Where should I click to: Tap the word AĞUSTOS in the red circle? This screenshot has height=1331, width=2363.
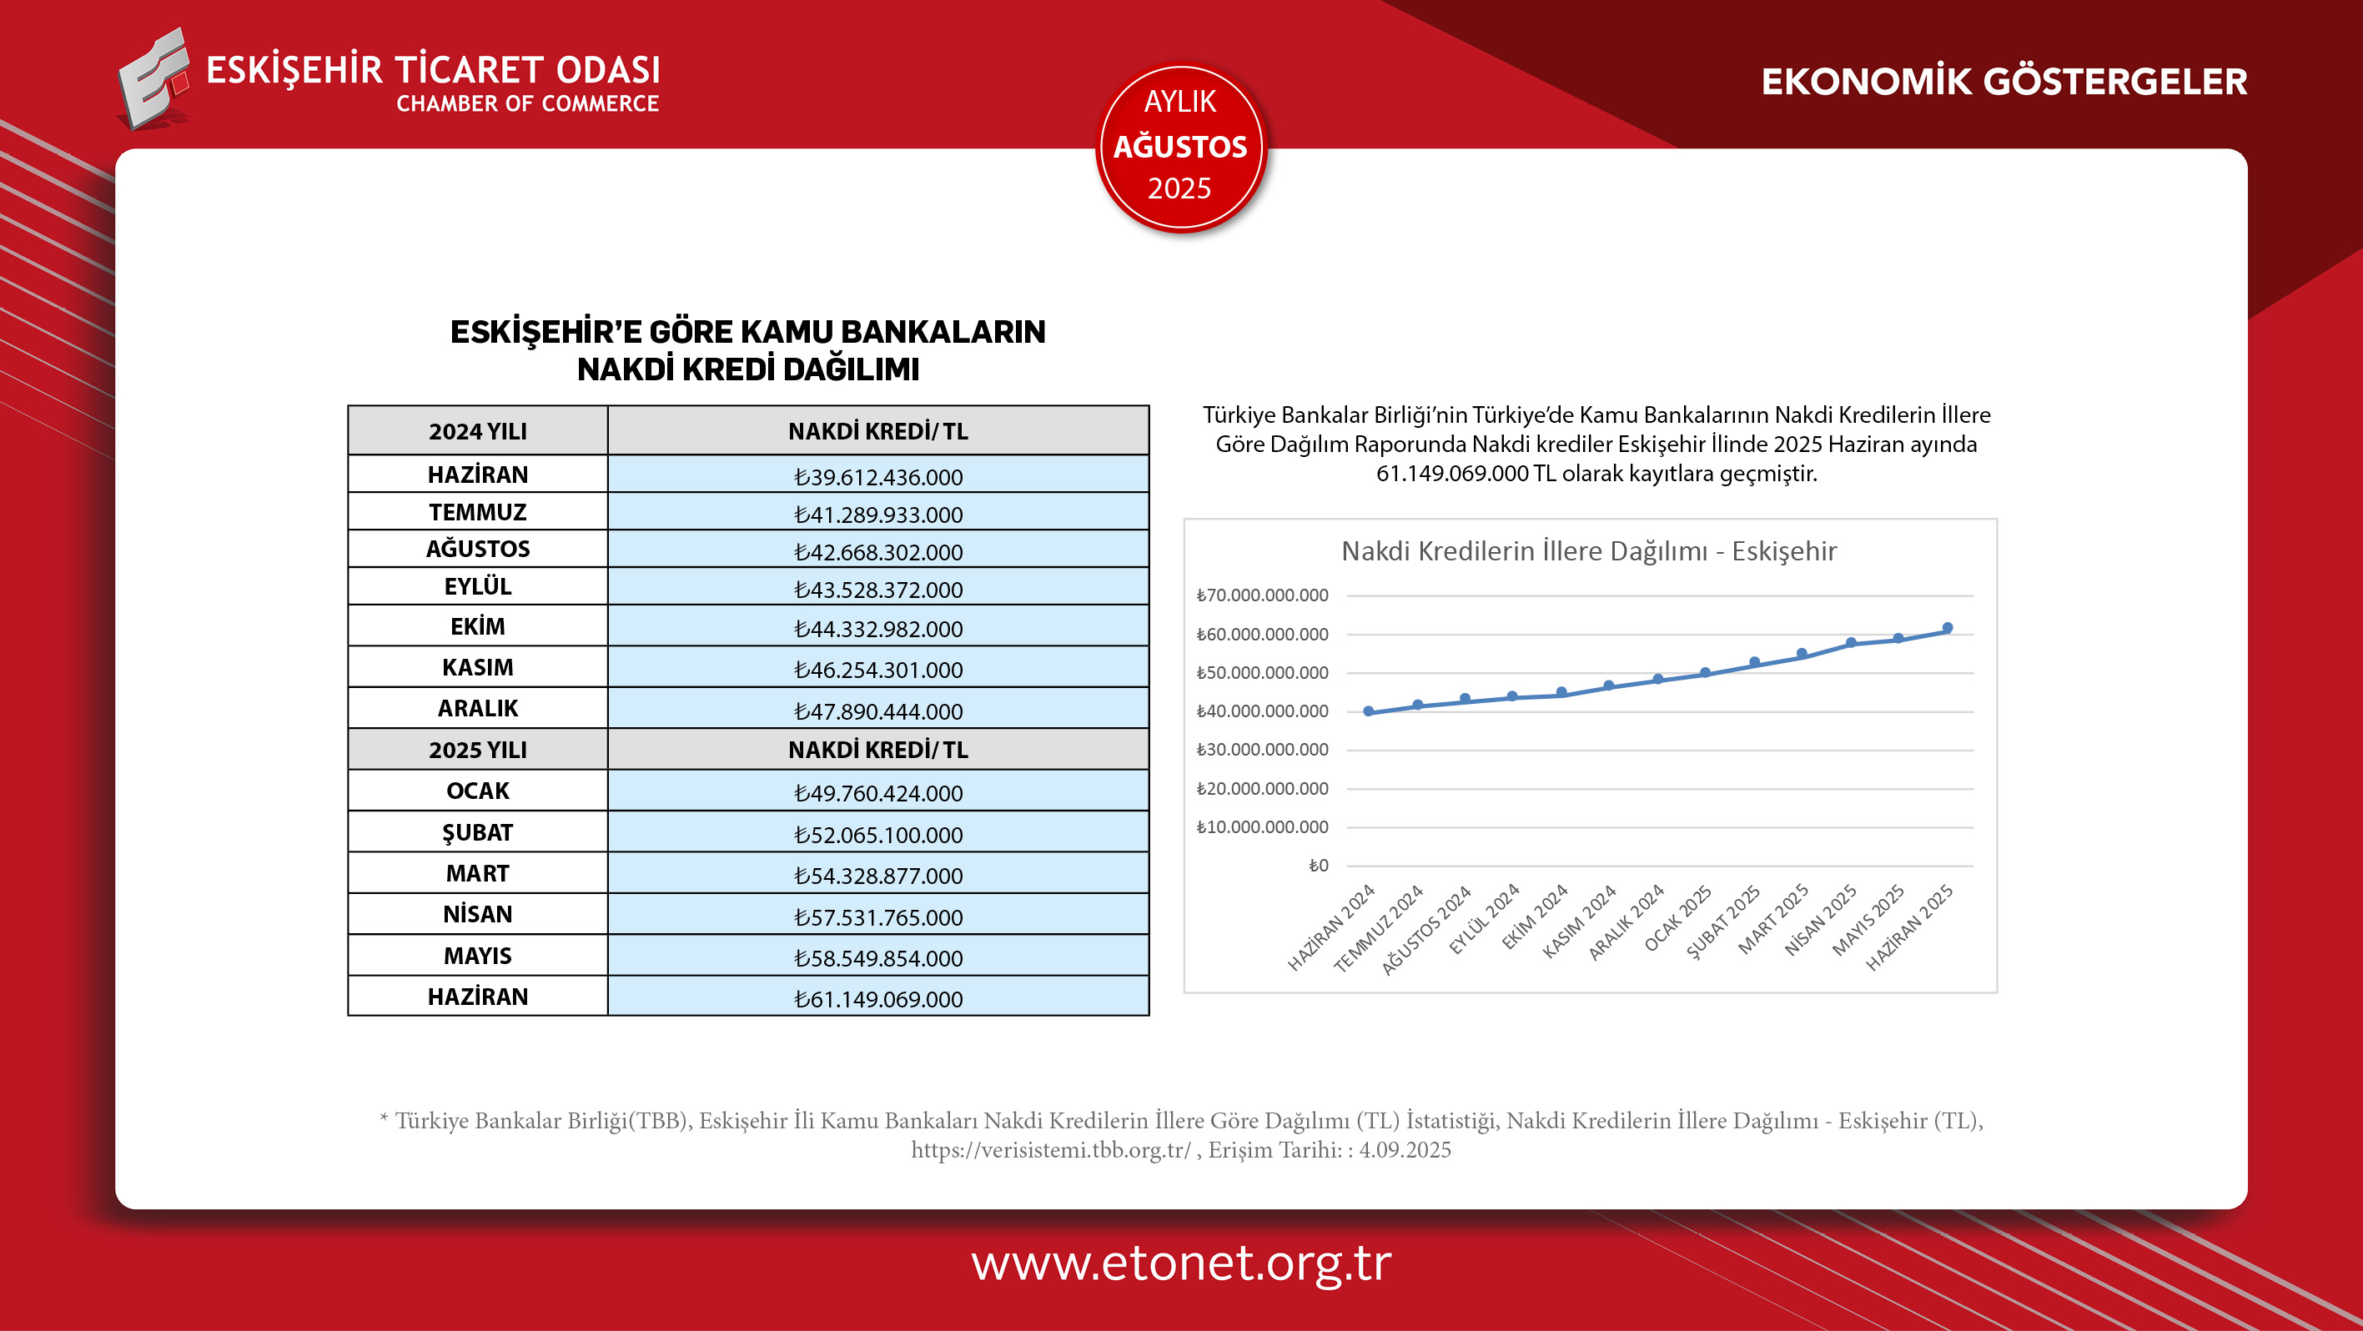(1179, 147)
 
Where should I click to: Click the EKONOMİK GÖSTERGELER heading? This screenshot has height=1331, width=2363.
(2004, 82)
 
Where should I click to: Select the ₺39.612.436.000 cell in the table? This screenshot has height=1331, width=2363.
(877, 477)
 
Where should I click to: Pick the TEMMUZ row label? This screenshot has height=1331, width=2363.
(477, 512)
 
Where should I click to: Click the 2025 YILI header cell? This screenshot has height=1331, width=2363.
(477, 750)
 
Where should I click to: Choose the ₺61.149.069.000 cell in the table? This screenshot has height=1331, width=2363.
(877, 999)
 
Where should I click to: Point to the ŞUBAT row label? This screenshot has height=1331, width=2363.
(477, 833)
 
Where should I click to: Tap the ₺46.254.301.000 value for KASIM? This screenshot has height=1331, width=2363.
(877, 670)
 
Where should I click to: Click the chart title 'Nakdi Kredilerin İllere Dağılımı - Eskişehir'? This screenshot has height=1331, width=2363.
(1589, 551)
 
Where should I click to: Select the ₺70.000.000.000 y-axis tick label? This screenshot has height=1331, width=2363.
(1262, 595)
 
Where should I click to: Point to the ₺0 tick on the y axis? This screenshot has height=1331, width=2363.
(1317, 866)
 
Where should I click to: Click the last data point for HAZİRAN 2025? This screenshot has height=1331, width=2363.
(1947, 628)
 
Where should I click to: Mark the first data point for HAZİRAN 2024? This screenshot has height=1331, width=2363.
(1369, 711)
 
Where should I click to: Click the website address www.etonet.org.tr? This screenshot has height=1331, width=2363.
(1180, 1263)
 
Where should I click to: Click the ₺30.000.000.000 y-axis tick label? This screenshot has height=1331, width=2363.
(1262, 750)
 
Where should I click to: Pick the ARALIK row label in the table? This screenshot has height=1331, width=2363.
(477, 708)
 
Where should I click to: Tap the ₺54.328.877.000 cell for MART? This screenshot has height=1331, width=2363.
(877, 876)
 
